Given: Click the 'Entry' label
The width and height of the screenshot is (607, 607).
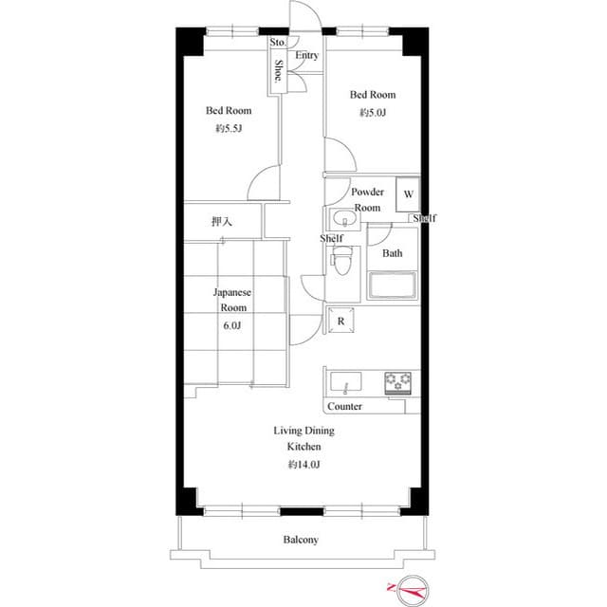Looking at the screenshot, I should [x=306, y=56].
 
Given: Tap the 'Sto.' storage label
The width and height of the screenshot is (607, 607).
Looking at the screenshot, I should [x=278, y=43].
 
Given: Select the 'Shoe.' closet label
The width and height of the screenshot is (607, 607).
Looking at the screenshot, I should [x=279, y=73].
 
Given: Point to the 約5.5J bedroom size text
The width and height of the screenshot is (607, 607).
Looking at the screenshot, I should [x=230, y=129].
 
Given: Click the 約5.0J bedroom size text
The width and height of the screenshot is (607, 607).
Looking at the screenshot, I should [x=373, y=113].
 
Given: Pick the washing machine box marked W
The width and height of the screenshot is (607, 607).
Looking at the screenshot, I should [x=408, y=193].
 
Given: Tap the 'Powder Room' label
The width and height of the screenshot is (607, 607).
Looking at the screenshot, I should [x=368, y=199].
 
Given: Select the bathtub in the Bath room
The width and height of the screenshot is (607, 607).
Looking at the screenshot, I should [x=392, y=286].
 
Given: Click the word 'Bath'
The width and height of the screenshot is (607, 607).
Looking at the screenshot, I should [x=392, y=253].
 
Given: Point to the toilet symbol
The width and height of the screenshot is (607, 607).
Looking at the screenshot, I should [x=345, y=257].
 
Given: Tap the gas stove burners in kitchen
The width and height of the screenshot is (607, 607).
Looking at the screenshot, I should [x=398, y=382].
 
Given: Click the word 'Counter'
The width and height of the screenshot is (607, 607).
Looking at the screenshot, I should [x=344, y=406].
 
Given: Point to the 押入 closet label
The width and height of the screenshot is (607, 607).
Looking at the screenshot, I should [x=222, y=222].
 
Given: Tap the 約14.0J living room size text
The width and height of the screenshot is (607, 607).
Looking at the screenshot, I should [x=304, y=465].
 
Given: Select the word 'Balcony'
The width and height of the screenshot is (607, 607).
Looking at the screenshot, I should [x=301, y=540].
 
